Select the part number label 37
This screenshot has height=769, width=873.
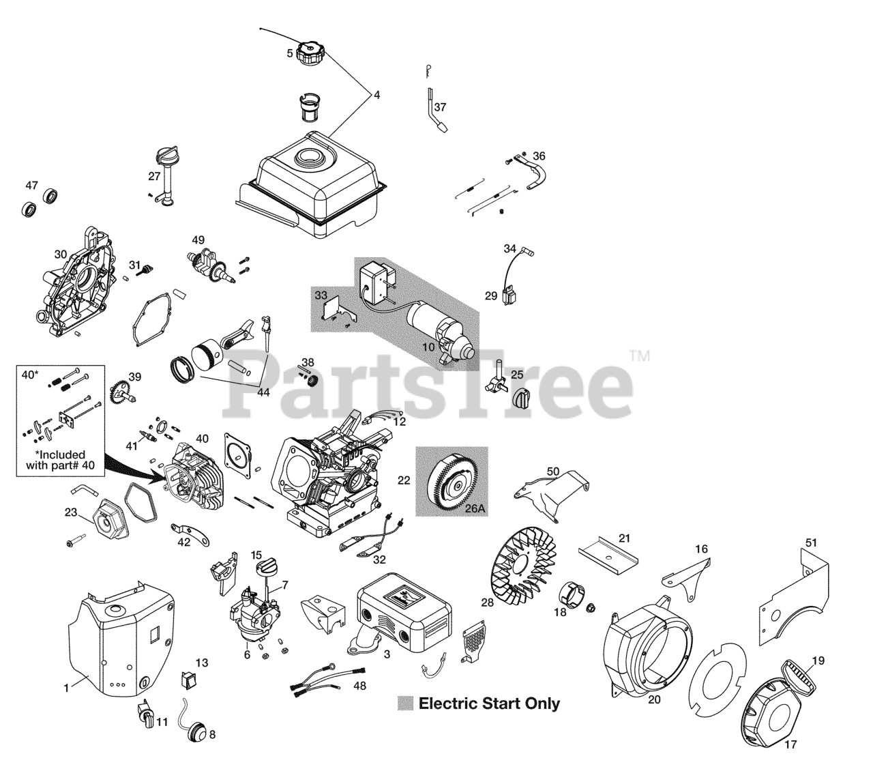point(440,107)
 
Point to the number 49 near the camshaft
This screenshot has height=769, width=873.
point(198,240)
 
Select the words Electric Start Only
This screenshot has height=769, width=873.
point(489,703)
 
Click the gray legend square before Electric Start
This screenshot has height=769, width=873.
point(406,703)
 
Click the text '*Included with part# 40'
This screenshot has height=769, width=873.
point(60,460)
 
